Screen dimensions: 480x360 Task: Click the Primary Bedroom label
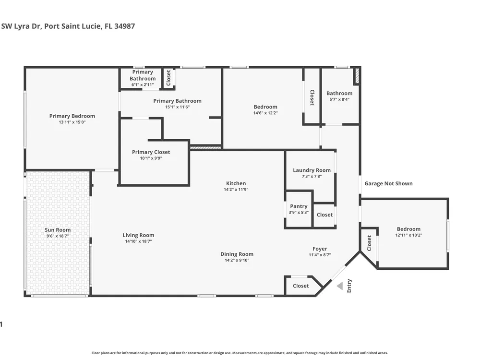click(x=72, y=116)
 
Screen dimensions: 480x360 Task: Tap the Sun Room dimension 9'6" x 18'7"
click(x=58, y=236)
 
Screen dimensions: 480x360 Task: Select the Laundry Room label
click(x=312, y=170)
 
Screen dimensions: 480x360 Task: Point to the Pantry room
click(x=299, y=210)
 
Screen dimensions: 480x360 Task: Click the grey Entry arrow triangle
click(x=340, y=286)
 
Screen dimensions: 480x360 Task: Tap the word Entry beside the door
click(x=349, y=286)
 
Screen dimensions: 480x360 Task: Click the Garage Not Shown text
click(x=388, y=183)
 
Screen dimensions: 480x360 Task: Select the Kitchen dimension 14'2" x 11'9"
click(x=236, y=190)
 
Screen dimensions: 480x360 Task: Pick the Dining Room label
click(x=237, y=254)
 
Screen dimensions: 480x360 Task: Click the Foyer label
click(x=320, y=249)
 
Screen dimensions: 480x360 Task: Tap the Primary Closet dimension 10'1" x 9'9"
click(x=151, y=158)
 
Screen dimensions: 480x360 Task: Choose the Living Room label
click(x=138, y=235)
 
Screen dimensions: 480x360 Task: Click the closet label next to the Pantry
click(x=324, y=215)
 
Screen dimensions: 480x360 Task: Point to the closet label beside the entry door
click(x=300, y=286)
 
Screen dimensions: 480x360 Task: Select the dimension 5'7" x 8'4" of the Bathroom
click(x=339, y=99)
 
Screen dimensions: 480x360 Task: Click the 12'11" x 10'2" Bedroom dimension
click(x=408, y=235)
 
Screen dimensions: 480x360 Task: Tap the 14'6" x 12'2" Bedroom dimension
click(x=265, y=113)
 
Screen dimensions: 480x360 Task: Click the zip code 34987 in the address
click(x=125, y=26)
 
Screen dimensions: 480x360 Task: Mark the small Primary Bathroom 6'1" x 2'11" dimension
click(x=143, y=85)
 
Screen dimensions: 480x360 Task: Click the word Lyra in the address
click(x=23, y=26)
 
